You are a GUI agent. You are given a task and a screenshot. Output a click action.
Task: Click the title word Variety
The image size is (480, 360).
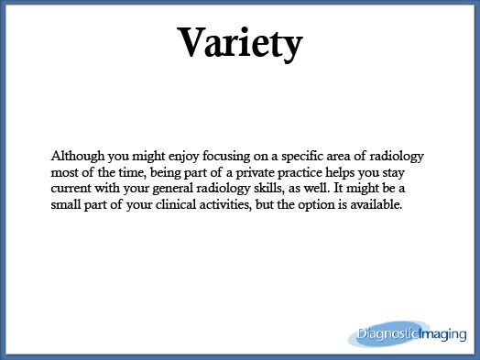point(240,44)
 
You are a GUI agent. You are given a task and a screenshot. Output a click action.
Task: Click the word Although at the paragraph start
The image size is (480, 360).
point(78,156)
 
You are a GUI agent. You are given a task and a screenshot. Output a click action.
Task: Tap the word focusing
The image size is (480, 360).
point(226,157)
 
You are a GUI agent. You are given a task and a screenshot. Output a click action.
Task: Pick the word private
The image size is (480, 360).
point(255,173)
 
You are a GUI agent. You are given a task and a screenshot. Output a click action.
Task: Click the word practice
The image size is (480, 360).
point(300,173)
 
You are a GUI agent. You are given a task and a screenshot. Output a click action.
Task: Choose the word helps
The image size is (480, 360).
point(340,173)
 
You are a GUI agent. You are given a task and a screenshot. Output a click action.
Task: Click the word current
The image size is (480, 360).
point(71,189)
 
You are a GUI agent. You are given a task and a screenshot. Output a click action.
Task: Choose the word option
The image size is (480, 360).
point(317,205)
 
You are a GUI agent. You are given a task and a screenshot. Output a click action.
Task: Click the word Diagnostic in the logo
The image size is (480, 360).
point(387,334)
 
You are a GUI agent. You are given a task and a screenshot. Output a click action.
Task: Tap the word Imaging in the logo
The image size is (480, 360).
point(442,334)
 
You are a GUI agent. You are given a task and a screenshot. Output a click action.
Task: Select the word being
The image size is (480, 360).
point(165,173)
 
